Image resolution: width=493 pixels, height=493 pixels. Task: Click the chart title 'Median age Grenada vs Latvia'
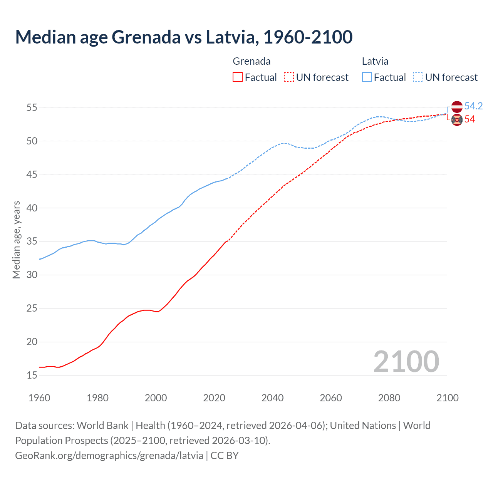pyautogui.click(x=184, y=37)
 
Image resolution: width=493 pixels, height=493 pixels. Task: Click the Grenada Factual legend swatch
pyautogui.click(x=238, y=77)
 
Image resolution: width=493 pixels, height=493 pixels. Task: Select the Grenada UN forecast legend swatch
pyautogui.click(x=289, y=77)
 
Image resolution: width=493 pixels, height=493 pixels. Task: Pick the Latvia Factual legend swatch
pyautogui.click(x=367, y=77)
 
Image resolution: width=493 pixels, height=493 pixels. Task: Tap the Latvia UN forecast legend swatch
pyautogui.click(x=418, y=77)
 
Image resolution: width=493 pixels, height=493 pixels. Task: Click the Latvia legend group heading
pyautogui.click(x=375, y=61)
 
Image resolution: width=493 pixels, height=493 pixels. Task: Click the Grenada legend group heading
pyautogui.click(x=252, y=61)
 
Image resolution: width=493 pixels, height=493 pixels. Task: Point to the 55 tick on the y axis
pyautogui.click(x=32, y=107)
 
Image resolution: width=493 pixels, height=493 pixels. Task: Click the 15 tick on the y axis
pyautogui.click(x=32, y=375)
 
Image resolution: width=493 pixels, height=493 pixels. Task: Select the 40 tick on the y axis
pyautogui.click(x=32, y=208)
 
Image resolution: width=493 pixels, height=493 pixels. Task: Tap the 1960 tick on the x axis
pyautogui.click(x=39, y=398)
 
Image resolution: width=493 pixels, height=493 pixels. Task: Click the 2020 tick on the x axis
pyautogui.click(x=214, y=398)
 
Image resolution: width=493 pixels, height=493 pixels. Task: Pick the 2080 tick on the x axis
pyautogui.click(x=389, y=398)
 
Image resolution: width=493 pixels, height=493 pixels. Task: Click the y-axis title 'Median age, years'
pyautogui.click(x=16, y=240)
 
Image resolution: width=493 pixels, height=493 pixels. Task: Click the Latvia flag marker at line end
pyautogui.click(x=457, y=106)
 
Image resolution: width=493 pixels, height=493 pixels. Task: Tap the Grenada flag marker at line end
pyautogui.click(x=457, y=120)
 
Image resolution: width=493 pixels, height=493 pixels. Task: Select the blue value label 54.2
pyautogui.click(x=473, y=106)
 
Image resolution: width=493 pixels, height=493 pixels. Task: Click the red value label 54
pyautogui.click(x=470, y=119)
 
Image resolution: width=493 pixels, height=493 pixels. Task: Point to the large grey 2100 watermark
pyautogui.click(x=406, y=361)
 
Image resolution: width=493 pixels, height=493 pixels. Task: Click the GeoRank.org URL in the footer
pyautogui.click(x=109, y=456)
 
